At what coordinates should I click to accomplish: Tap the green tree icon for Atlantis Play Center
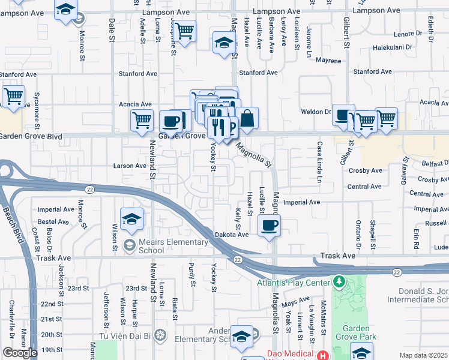(340, 282)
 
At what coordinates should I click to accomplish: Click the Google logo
(20, 353)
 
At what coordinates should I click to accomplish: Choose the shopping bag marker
(247, 118)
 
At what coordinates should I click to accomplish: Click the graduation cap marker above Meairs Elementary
(131, 220)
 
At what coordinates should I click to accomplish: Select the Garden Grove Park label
(359, 332)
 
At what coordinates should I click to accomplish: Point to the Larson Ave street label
(130, 166)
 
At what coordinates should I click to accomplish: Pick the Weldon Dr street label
(320, 112)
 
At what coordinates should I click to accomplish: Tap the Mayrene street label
(328, 61)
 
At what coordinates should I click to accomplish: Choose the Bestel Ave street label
(56, 221)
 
